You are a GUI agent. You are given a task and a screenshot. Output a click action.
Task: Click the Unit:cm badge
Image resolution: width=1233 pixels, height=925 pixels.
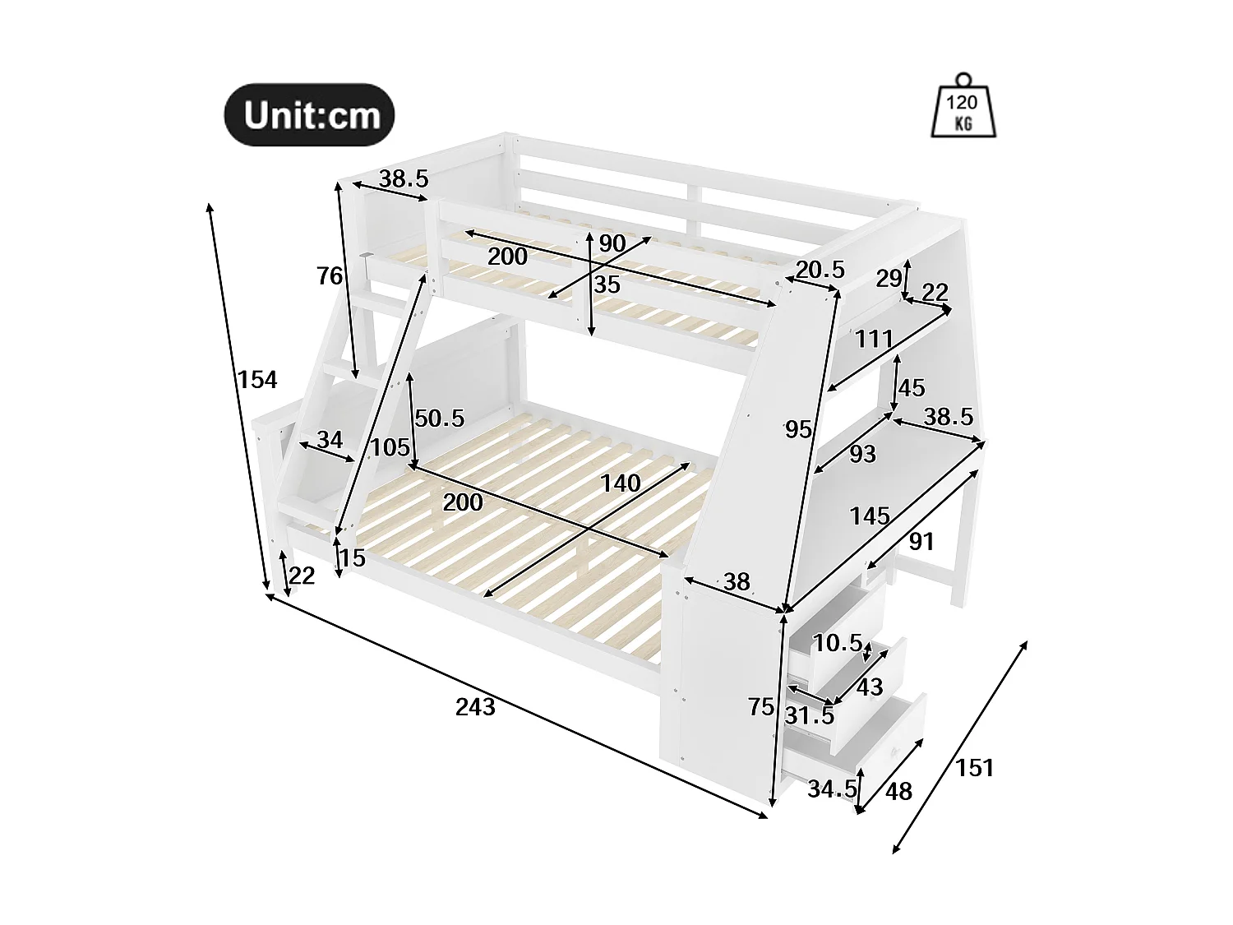[310, 115]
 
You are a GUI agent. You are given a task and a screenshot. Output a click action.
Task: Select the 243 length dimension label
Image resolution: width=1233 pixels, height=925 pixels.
[475, 706]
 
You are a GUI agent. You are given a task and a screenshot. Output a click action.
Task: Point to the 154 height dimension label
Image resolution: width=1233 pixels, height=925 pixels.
[257, 379]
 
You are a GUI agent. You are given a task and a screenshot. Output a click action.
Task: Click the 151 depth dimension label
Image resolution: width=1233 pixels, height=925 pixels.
[975, 768]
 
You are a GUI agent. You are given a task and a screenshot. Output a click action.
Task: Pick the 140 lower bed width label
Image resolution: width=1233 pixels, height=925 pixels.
[620, 483]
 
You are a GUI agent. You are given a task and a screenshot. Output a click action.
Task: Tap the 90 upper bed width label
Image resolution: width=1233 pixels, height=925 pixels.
[612, 243]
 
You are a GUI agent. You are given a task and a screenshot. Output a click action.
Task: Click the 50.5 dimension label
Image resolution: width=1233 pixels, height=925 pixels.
[439, 419]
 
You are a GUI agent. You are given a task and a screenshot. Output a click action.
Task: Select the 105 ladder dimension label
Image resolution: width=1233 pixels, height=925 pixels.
[390, 448]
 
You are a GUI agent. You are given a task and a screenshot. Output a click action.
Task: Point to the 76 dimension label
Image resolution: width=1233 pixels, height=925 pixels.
[330, 276]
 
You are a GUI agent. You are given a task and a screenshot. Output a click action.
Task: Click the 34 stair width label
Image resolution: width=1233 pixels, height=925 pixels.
[330, 440]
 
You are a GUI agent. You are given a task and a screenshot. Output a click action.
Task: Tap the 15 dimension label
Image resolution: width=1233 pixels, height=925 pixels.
[352, 558]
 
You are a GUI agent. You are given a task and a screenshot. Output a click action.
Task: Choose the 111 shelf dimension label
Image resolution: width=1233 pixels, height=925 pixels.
[873, 338]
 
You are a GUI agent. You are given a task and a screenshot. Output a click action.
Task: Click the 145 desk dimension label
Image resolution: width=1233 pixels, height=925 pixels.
[870, 516]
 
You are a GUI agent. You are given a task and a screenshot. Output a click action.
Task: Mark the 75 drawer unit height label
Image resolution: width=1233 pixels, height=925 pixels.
[761, 706]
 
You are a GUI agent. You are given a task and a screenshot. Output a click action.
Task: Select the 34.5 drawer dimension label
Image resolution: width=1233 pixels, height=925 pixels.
[832, 789]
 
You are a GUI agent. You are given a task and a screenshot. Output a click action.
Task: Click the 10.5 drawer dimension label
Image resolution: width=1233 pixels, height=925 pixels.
[838, 643]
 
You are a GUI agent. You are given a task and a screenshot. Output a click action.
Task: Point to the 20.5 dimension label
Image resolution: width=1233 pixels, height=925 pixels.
[820, 269]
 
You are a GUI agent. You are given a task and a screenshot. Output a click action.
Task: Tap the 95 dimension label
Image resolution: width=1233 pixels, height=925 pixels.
[798, 428]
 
